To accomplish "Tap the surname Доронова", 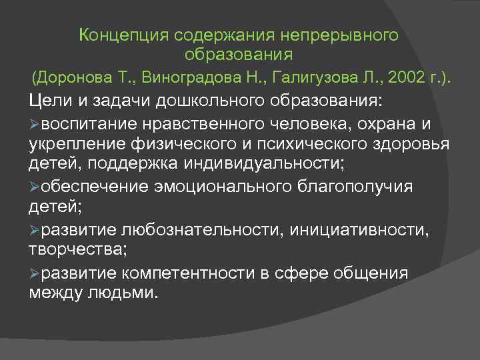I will coord(75,77).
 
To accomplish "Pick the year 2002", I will coord(409,77).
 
